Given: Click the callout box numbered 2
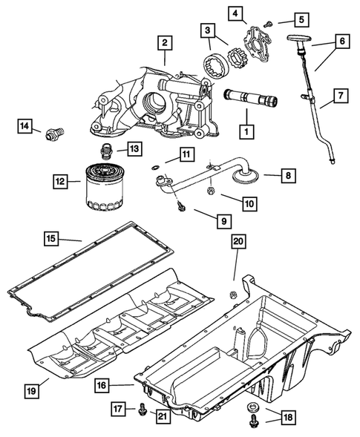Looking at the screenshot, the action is pos(165,42).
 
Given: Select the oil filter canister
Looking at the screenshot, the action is pos(105,186).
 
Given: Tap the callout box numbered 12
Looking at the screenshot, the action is pos(60,182).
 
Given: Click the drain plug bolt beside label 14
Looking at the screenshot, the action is pos(55,134).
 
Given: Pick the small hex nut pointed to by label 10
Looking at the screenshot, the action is pos(211,191).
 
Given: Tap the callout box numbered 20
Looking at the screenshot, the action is pos(238,241).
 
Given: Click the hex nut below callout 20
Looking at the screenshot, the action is pos(233,295).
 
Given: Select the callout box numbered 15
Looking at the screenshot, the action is pos(52,239).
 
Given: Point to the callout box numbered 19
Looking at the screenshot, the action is pos(32,391).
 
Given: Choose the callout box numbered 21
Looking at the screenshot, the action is pos(163,416).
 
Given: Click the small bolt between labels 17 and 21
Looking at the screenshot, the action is pos(142,409).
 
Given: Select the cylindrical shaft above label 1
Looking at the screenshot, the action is pos(250,97).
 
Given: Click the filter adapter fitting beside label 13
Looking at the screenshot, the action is pos(105,151).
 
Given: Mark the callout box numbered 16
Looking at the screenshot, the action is pos(102,385).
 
